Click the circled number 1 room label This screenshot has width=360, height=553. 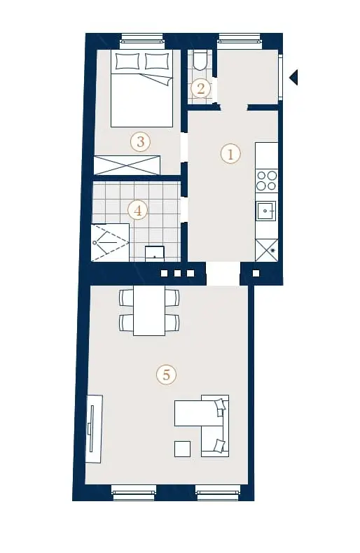pyautogui.click(x=230, y=154)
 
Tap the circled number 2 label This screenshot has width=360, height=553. pyautogui.click(x=200, y=87)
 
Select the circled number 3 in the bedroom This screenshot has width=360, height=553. pyautogui.click(x=141, y=142)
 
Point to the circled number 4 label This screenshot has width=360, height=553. pyautogui.click(x=138, y=211)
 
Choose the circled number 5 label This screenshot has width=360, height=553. pyautogui.click(x=166, y=374)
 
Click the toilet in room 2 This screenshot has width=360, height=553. pyautogui.click(x=201, y=59)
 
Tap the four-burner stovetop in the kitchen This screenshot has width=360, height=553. pyautogui.click(x=266, y=180)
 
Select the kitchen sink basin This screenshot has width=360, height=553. pyautogui.click(x=265, y=211)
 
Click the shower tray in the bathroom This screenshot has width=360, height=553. pyautogui.click(x=110, y=242)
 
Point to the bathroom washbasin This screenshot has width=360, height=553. pyautogui.click(x=155, y=253)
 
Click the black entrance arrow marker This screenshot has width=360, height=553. pyautogui.click(x=293, y=77)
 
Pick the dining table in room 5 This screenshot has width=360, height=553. pyautogui.click(x=149, y=310)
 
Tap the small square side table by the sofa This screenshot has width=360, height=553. pyautogui.click(x=183, y=449)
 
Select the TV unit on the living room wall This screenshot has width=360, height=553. pyautogui.click(x=95, y=429)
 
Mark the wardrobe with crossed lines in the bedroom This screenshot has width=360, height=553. pyautogui.click(x=127, y=165)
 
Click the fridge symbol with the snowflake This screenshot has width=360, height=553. pyautogui.click(x=266, y=251)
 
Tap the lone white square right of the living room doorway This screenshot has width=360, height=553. pyautogui.click(x=256, y=273)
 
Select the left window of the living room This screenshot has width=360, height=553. pyautogui.click(x=134, y=492)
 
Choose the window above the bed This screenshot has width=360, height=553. pyautogui.click(x=142, y=41)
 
